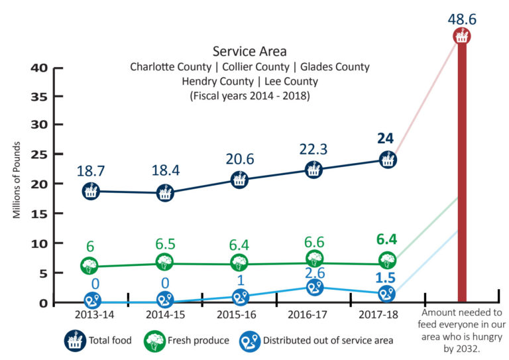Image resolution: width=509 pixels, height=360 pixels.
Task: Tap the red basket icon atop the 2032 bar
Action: click(462, 36)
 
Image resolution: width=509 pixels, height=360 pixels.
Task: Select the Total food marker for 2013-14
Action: click(91, 191)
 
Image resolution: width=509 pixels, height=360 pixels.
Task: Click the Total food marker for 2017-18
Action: click(388, 160)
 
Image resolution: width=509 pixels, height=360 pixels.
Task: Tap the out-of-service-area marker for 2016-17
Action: click(313, 287)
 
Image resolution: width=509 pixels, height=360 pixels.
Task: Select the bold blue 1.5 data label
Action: click(387, 276)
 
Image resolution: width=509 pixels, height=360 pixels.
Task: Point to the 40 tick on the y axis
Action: click(38, 68)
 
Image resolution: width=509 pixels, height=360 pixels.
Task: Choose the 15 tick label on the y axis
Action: click(38, 213)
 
